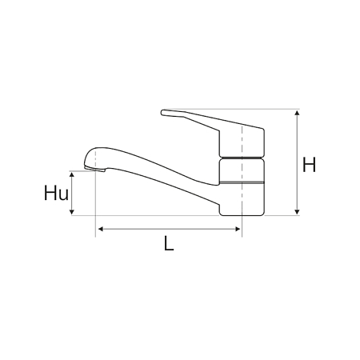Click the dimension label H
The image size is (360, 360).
[x=309, y=165]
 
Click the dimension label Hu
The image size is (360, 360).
[x=56, y=193]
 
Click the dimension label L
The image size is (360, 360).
[x=169, y=243]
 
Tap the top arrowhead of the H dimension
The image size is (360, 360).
[x=297, y=113]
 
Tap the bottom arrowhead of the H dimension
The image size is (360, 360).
[x=297, y=212]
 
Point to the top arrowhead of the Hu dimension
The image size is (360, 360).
[x=71, y=174]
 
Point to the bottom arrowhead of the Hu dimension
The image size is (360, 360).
[x=71, y=212]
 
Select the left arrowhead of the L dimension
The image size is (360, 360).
[x=101, y=229]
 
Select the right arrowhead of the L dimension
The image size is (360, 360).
[x=238, y=229]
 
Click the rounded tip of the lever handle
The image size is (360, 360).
[x=162, y=113]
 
